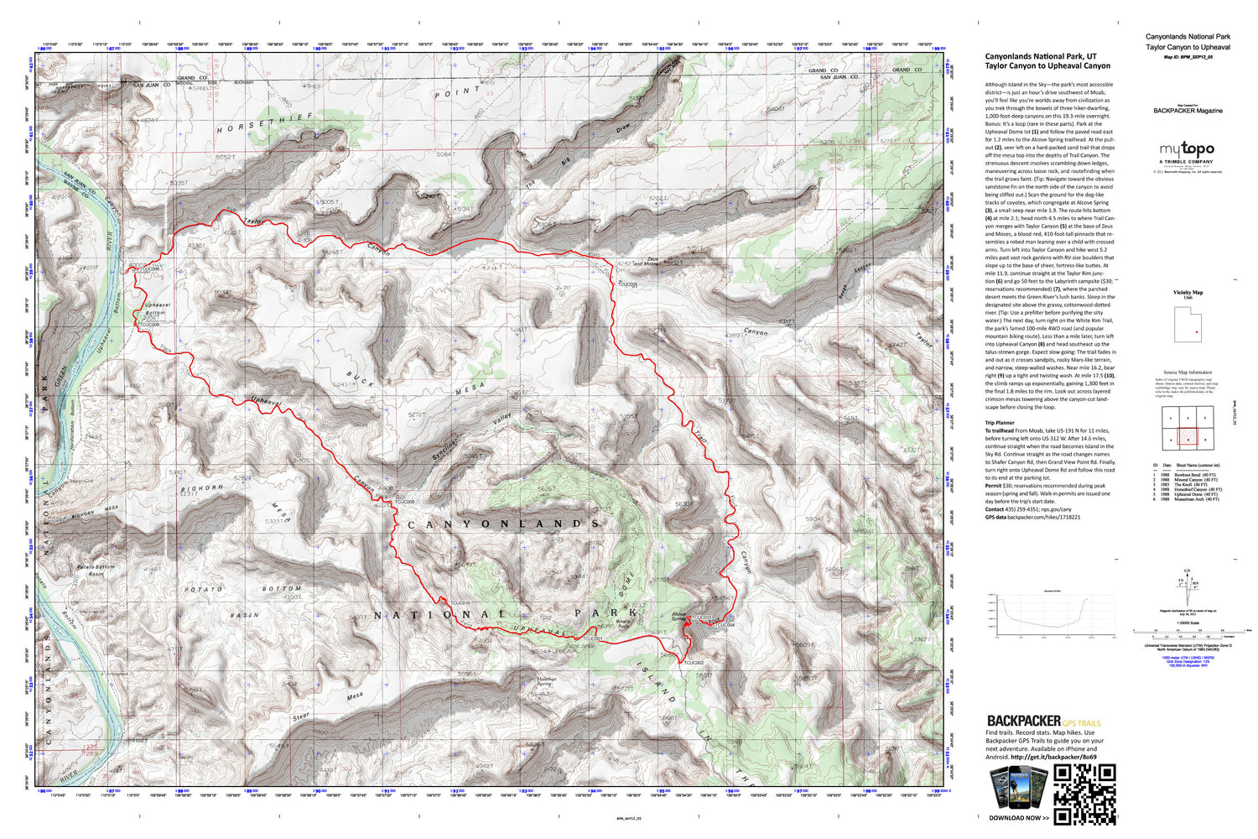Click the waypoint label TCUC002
click(x=694, y=663)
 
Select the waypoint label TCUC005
click(x=627, y=284)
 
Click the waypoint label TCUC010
click(x=460, y=603)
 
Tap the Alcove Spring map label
click(x=678, y=617)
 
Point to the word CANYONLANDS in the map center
click(x=503, y=524)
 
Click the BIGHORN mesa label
click(x=202, y=487)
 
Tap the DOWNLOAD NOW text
click(x=1018, y=817)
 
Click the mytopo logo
click(x=1186, y=150)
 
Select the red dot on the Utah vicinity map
click(x=1197, y=333)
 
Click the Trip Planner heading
click(x=1000, y=423)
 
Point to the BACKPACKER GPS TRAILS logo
click(x=1043, y=722)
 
